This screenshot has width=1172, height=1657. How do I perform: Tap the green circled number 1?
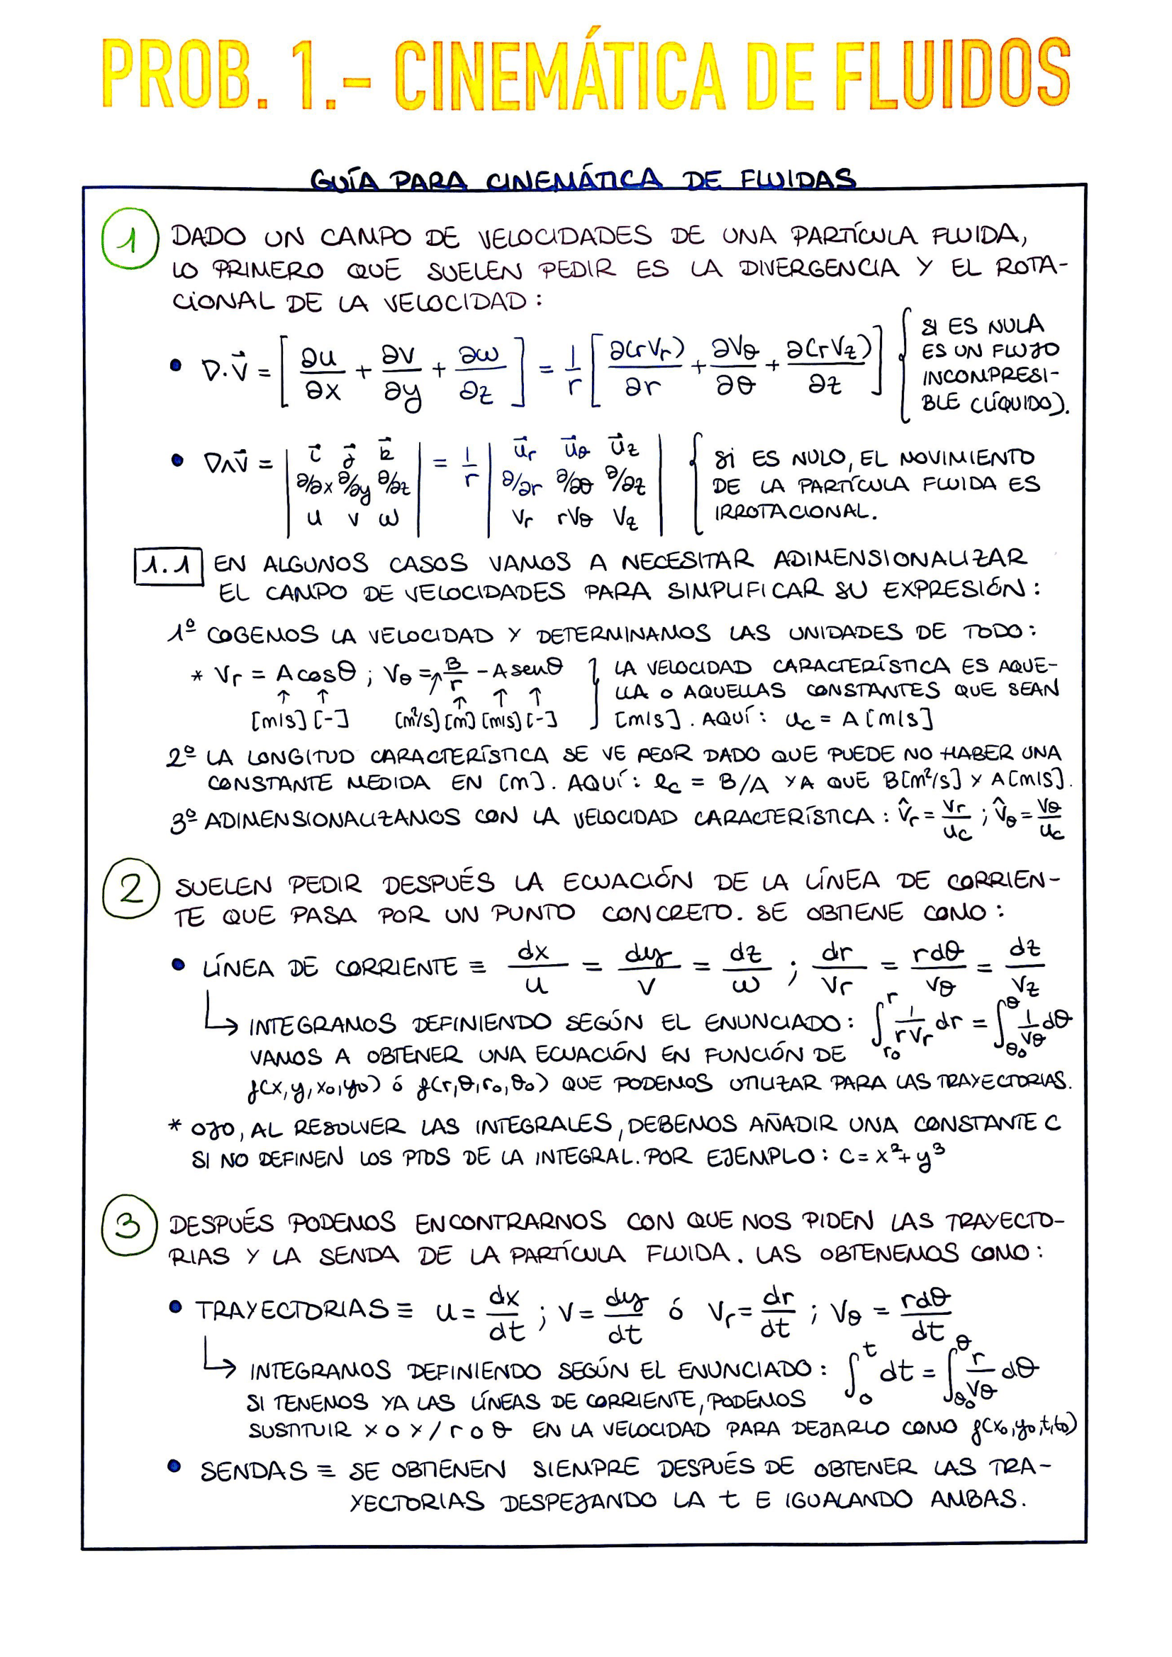coord(130,239)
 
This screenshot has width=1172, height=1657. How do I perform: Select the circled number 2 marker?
coord(130,888)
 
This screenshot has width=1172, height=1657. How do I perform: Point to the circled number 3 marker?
coord(129,1226)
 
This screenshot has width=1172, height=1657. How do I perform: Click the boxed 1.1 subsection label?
coord(167,566)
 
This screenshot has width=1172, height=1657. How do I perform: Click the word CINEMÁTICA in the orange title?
coord(559,74)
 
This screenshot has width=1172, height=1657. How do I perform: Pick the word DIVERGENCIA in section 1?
coord(819,268)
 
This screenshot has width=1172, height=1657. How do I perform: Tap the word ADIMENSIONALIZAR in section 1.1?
coord(899,558)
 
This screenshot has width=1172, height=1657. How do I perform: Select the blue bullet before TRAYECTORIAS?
coord(174,1307)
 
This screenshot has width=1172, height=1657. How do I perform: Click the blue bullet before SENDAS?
coord(174,1466)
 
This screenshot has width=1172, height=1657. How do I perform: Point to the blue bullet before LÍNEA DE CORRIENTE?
coord(178,964)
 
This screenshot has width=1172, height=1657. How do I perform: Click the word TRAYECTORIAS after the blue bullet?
coord(291,1309)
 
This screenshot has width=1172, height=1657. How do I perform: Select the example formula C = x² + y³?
coord(891,1157)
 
